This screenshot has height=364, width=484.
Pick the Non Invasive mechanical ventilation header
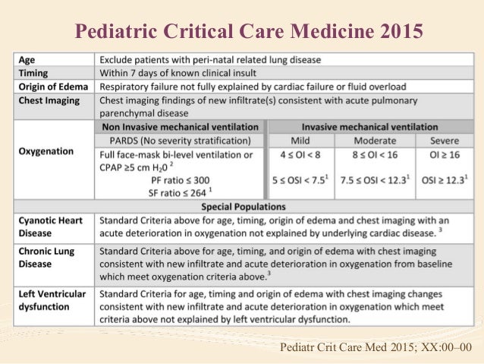pyautogui.click(x=179, y=127)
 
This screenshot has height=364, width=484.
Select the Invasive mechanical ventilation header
pyautogui.click(x=369, y=127)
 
